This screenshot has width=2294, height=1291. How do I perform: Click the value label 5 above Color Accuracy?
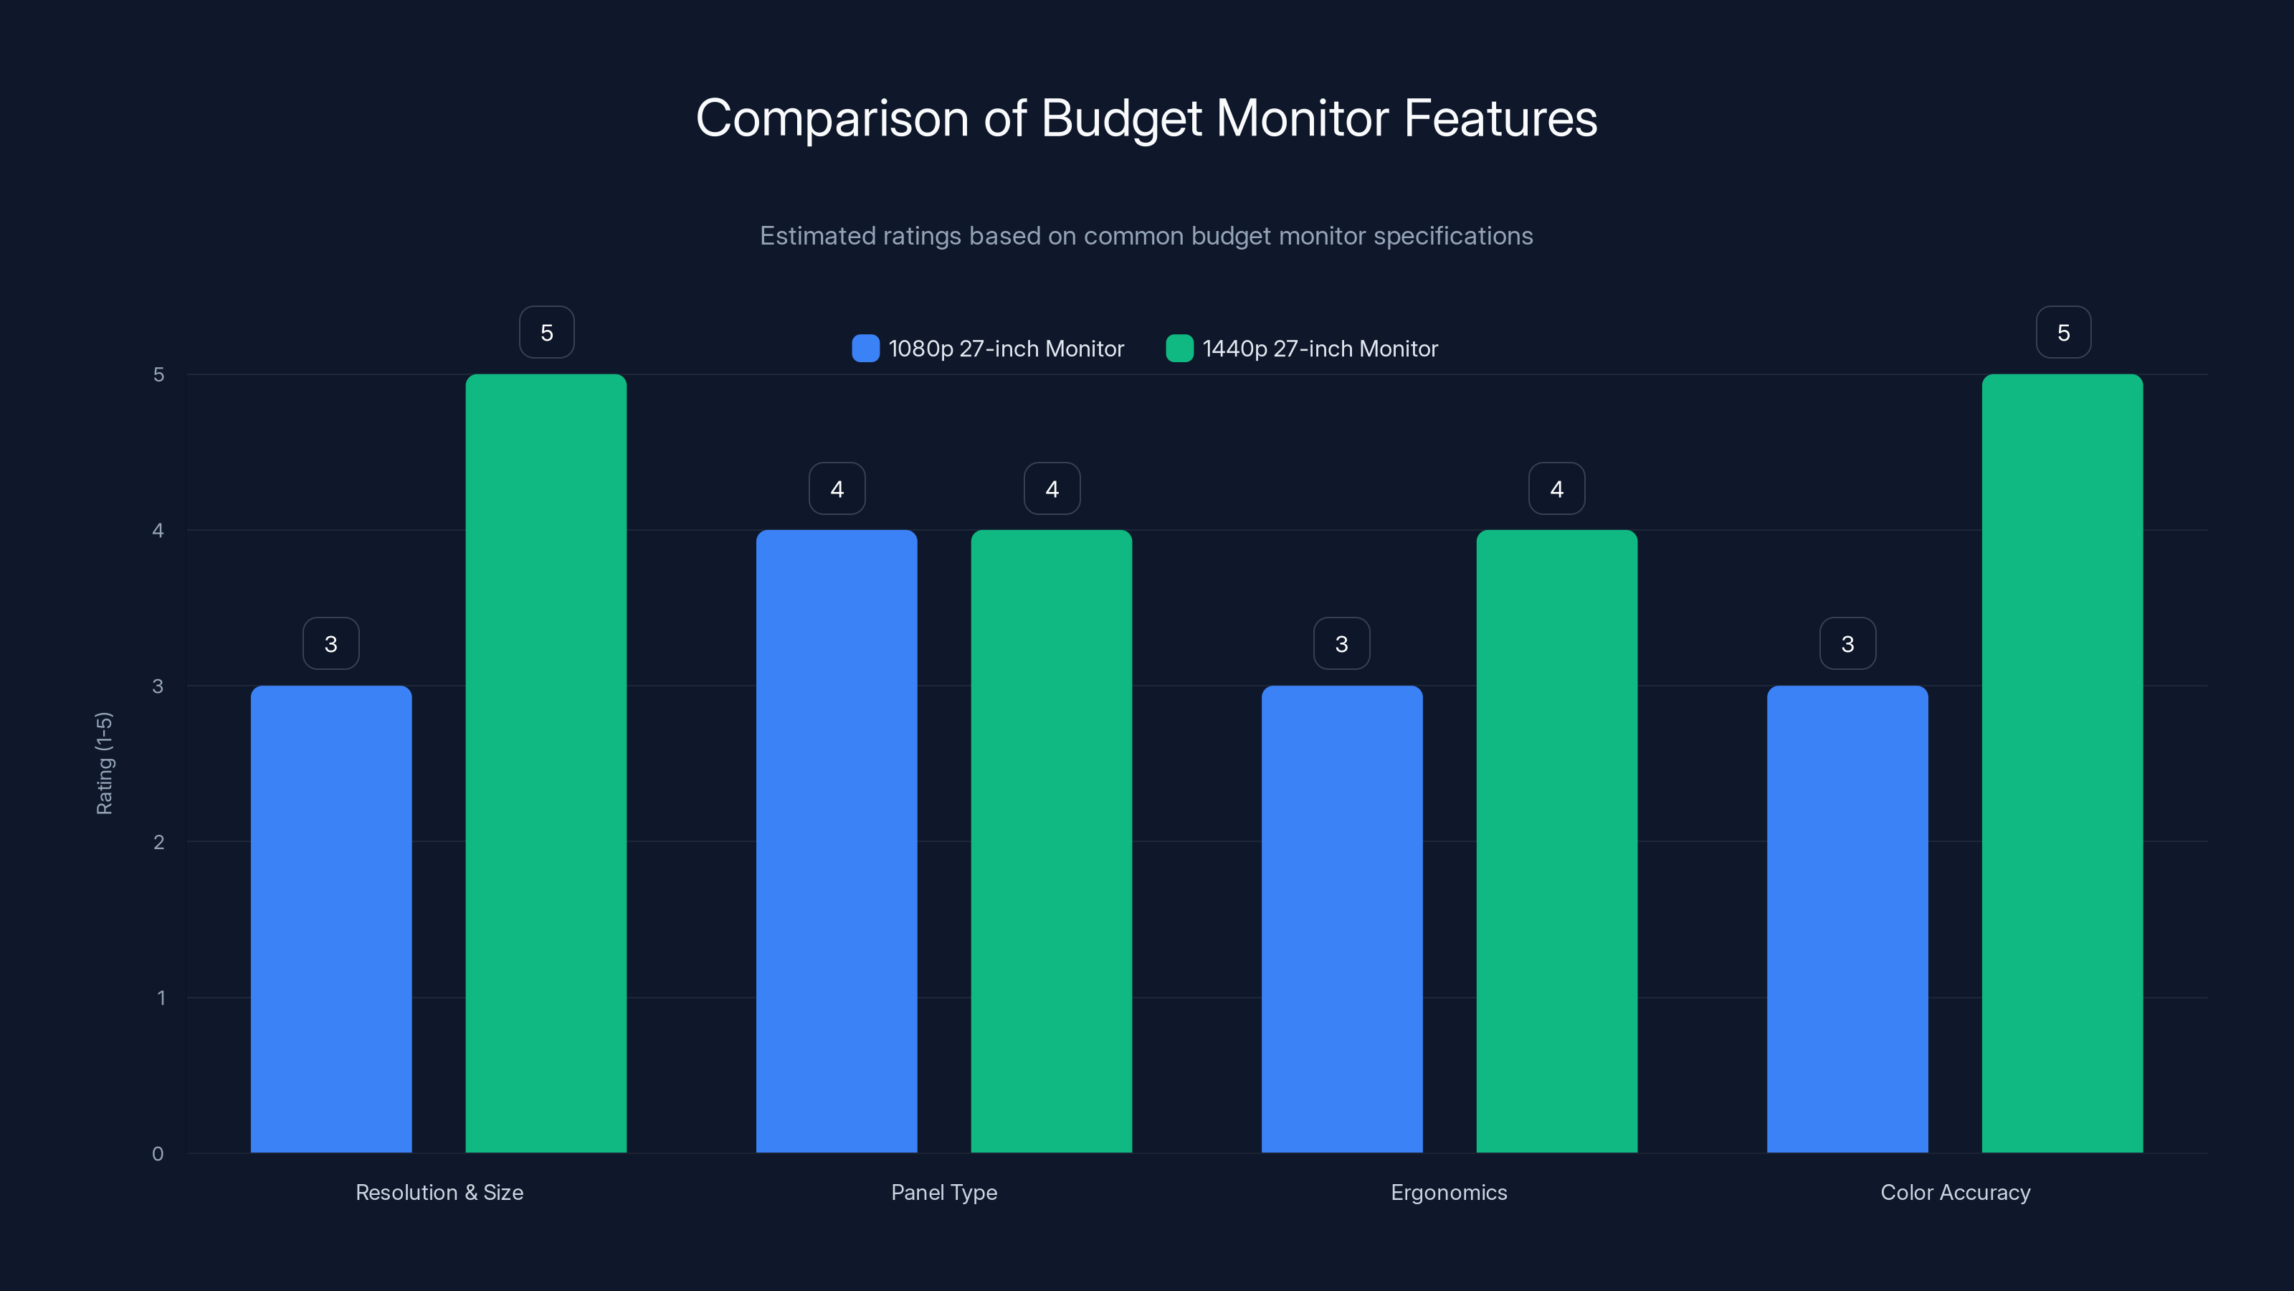[2063, 332]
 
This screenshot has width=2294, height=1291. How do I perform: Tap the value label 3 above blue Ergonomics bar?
[1341, 643]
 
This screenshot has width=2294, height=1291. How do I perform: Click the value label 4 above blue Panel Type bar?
[836, 488]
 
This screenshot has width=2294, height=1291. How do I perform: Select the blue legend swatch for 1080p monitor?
[865, 349]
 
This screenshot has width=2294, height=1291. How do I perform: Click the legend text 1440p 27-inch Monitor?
[1319, 349]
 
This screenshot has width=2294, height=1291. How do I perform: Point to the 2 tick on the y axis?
[158, 842]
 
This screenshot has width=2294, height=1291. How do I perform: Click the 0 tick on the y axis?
[158, 1154]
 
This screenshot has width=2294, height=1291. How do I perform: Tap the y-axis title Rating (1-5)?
[104, 762]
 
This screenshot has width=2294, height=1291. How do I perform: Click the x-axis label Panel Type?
[944, 1192]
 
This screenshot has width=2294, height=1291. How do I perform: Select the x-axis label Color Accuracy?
[1955, 1192]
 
